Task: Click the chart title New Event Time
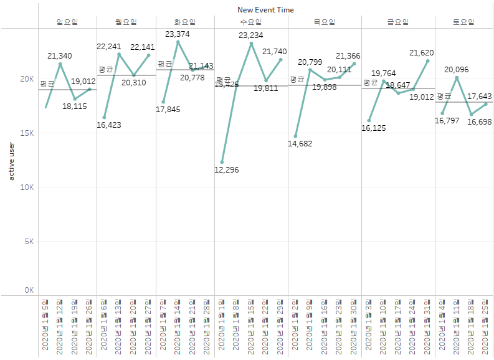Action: point(265,10)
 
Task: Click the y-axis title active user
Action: point(11,161)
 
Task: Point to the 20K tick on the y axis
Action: point(26,79)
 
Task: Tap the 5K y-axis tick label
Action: point(28,242)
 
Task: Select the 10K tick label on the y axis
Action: point(26,187)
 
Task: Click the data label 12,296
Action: point(226,170)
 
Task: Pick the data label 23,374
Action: point(178,34)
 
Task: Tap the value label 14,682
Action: point(300,144)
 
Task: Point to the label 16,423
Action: point(109,125)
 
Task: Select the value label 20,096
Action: point(456,70)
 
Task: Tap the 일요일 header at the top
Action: point(67,22)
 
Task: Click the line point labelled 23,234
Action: point(251,44)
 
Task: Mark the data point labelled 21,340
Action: point(60,64)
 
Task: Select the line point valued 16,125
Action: point(369,120)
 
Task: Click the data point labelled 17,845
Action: point(163,102)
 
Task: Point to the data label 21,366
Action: point(348,56)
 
